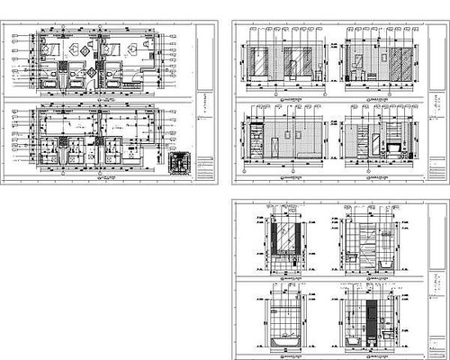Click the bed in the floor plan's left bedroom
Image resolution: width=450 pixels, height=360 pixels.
49,50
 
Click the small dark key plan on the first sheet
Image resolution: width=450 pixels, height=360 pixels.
180,161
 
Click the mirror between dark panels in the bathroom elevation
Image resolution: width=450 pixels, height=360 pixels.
286,238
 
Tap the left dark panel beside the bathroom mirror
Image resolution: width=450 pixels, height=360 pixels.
274,238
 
